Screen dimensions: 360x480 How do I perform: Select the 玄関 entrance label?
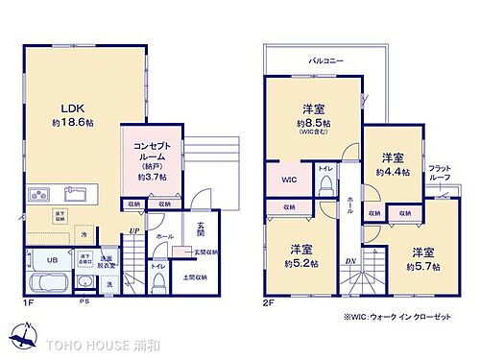[201, 230]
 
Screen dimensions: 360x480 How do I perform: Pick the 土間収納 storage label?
[202, 278]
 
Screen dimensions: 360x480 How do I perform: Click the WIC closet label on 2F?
[288, 180]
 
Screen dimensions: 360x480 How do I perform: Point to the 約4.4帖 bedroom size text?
[392, 172]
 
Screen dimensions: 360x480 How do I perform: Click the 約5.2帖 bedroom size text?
[301, 262]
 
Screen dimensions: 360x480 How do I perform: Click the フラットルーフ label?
[441, 174]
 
